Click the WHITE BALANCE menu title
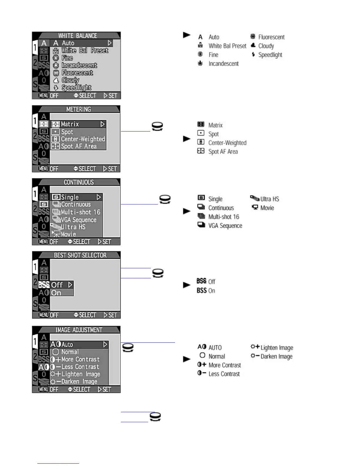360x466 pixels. coord(77,36)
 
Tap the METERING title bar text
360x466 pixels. coord(79,109)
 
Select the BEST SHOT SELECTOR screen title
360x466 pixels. coord(80,255)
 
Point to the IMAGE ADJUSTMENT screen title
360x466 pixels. coord(79,330)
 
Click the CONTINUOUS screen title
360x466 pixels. coord(79,182)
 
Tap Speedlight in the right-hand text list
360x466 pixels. coord(270,55)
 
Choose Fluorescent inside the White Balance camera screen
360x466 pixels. coord(77,73)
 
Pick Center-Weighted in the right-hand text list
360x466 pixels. coord(227,143)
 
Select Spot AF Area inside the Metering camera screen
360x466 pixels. coord(79,146)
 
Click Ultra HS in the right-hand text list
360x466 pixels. coord(269,199)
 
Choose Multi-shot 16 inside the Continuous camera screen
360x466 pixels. coord(80,212)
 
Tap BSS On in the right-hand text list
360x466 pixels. coord(206,291)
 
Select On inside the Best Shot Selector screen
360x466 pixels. coord(56,293)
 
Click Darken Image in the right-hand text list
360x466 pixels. coord(276,356)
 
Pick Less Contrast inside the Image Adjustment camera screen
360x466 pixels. coord(80,367)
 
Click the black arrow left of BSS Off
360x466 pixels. coord(187,285)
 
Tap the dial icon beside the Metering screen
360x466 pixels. coord(157,127)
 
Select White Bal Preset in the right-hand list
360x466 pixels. coord(227,46)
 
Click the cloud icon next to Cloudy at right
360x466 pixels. coord(253,46)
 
